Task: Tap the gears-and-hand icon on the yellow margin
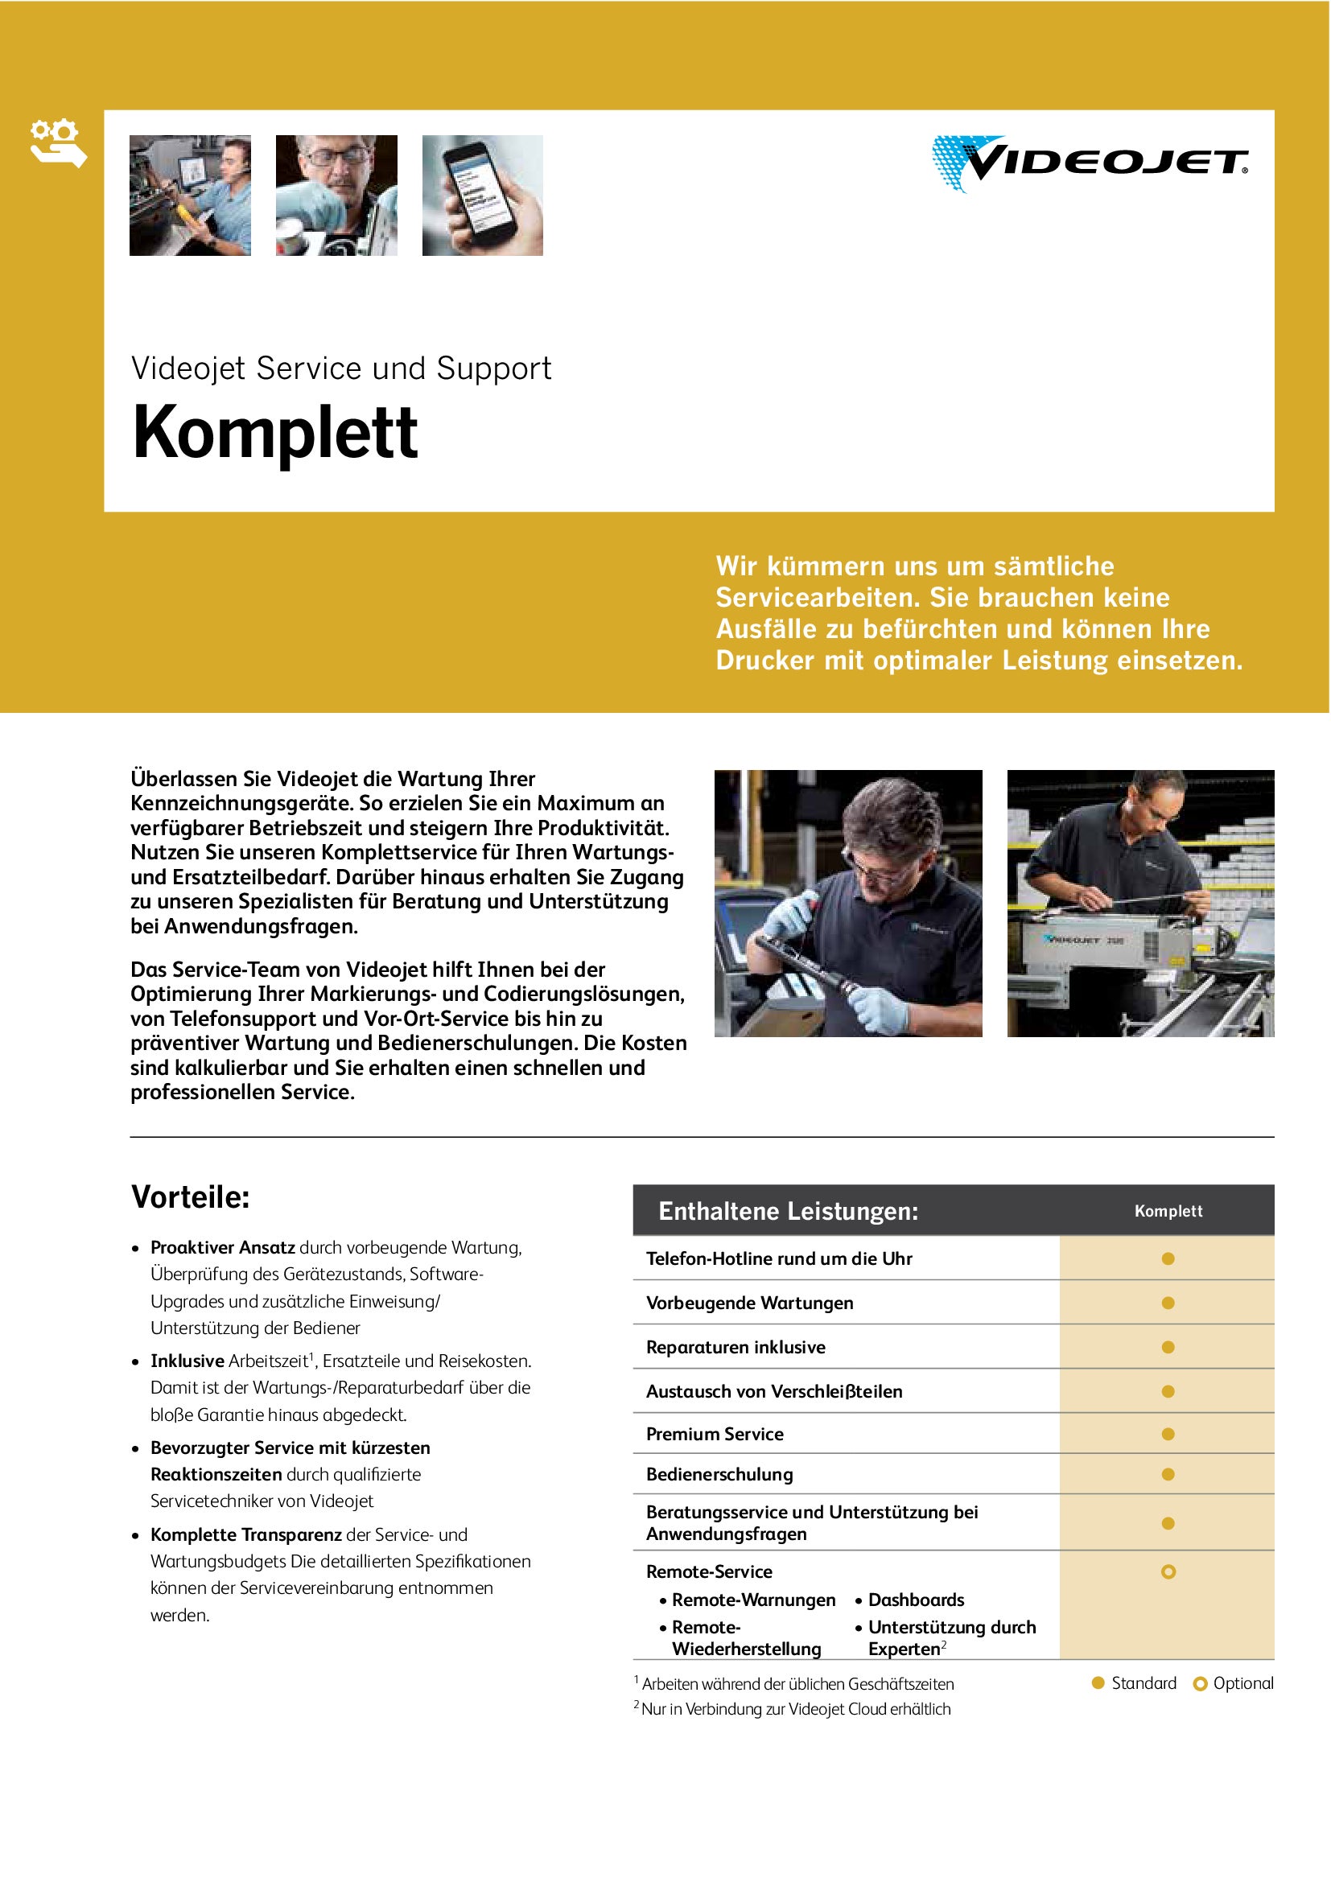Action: pos(57,144)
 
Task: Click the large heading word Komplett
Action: pos(275,433)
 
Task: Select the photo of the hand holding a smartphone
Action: pos(482,196)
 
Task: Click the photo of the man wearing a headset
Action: pos(190,196)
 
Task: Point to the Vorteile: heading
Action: pos(190,1197)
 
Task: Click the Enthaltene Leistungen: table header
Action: pos(788,1211)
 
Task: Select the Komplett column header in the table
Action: pos(1168,1211)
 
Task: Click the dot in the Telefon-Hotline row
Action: pos(1168,1258)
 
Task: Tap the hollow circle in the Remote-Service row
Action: pos(1168,1571)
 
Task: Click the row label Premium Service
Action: pos(715,1434)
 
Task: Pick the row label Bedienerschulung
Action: pos(719,1474)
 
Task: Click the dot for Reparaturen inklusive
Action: pos(1168,1347)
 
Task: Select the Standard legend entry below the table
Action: pos(1135,1682)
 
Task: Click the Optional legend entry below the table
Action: pos(1234,1682)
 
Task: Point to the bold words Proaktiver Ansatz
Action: pos(223,1248)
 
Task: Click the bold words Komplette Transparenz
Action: pos(246,1534)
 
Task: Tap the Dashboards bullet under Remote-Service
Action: pos(916,1600)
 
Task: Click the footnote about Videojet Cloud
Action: pos(795,1709)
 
